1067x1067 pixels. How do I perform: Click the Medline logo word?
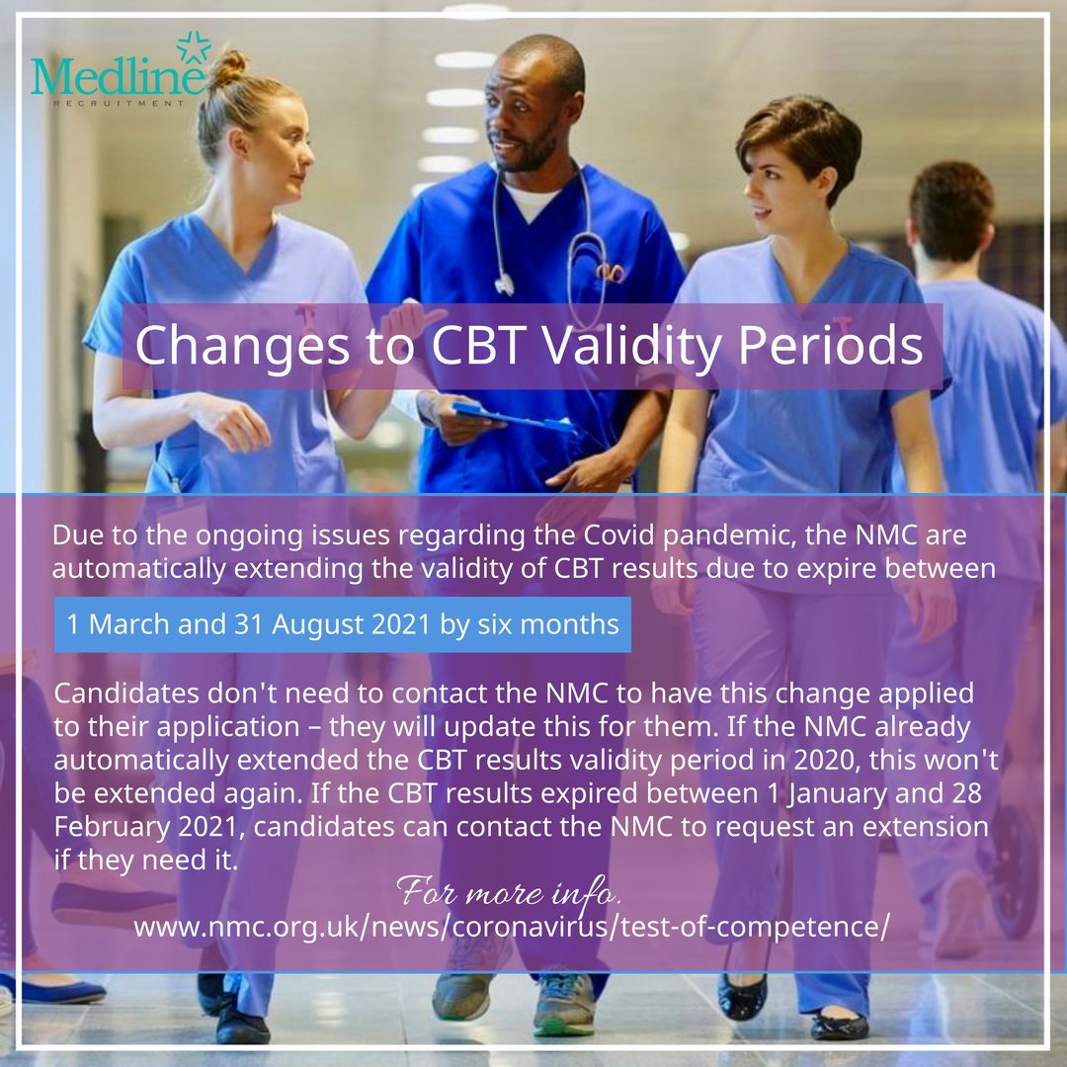(117, 76)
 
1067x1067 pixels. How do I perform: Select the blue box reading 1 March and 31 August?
(342, 624)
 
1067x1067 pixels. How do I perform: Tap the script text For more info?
(510, 893)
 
